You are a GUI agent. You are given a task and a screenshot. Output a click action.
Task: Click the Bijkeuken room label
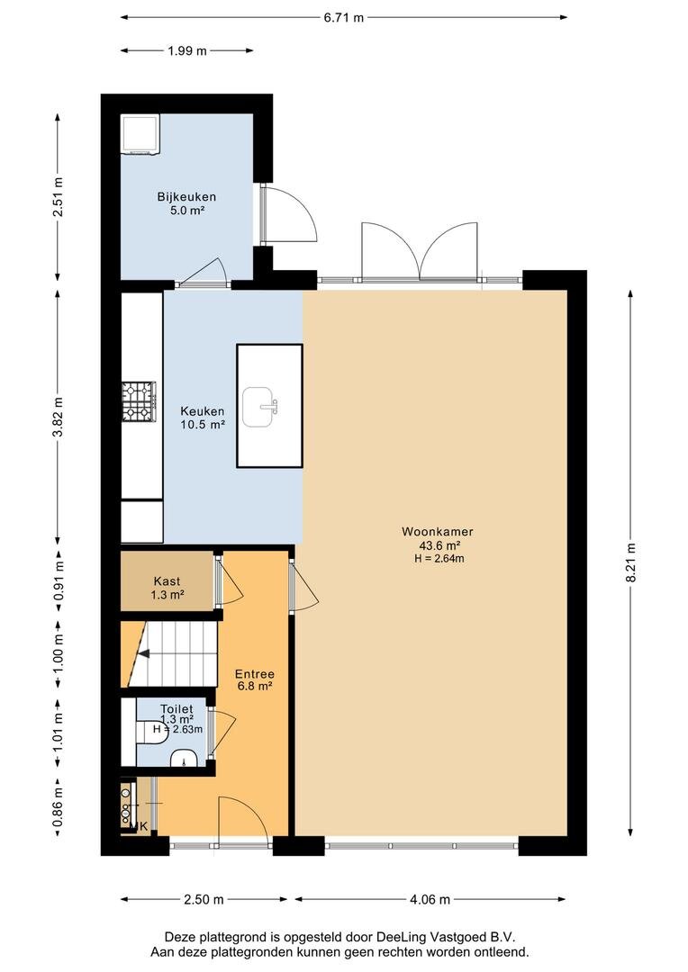tap(186, 196)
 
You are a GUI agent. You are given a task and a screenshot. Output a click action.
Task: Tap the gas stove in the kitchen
tap(139, 400)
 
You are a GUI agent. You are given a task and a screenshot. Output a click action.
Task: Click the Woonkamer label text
tap(438, 531)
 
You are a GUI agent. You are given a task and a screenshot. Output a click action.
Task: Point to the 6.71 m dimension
tap(344, 17)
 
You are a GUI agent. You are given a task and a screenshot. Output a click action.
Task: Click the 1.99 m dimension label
tap(186, 50)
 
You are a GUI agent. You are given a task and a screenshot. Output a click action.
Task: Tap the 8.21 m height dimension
tap(631, 562)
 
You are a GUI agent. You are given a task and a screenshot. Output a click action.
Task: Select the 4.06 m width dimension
tap(430, 899)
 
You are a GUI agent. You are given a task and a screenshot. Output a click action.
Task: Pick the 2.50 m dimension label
tap(204, 899)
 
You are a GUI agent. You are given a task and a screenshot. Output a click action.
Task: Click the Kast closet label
tap(167, 580)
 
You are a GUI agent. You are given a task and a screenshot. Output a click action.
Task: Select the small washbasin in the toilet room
tap(184, 758)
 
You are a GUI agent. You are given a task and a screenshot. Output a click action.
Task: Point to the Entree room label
tap(254, 674)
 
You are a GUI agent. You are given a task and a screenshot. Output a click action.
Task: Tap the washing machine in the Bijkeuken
tap(140, 133)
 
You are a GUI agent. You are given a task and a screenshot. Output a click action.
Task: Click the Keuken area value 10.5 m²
tap(203, 425)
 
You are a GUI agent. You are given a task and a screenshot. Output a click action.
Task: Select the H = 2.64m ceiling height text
tap(439, 558)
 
